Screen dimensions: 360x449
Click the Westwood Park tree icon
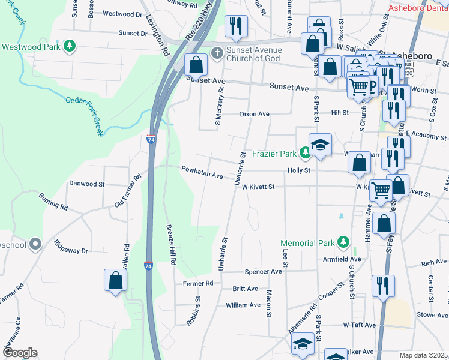click(70, 46)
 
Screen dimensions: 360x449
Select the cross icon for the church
click(215, 53)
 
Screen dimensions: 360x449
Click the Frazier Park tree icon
click(305, 154)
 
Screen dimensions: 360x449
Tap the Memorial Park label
click(307, 243)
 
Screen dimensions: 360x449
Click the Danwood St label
click(87, 184)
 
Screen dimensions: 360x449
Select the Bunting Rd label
click(53, 202)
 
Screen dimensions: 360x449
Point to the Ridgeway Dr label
click(71, 246)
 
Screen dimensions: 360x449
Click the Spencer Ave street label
click(263, 271)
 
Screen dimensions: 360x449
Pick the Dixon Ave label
click(255, 114)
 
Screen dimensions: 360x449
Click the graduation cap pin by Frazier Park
click(321, 145)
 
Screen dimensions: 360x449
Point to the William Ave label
click(243, 305)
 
